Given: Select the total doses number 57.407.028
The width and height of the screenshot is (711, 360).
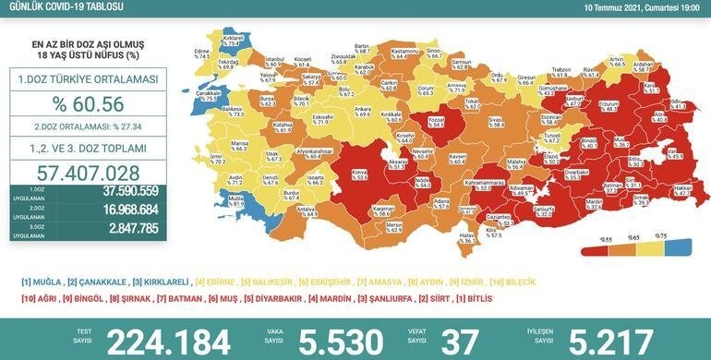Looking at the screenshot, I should click(88, 173).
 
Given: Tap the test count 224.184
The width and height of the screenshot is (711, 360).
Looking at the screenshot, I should click(168, 341).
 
